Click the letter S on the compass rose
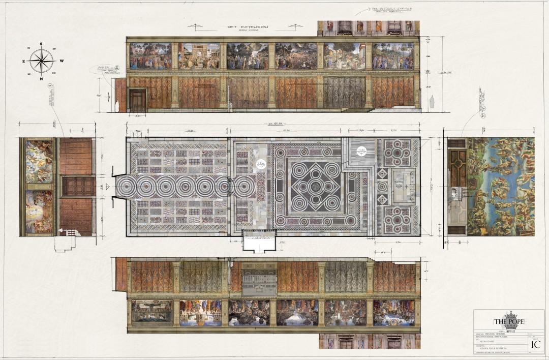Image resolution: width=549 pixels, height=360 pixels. (42, 44)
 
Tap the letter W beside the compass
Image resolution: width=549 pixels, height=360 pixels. (62, 61)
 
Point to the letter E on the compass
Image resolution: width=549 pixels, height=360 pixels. (23, 61)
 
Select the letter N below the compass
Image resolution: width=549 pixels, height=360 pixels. (42, 79)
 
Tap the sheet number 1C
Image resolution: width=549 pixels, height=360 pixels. (535, 344)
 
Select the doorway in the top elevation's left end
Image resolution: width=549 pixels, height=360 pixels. (137, 100)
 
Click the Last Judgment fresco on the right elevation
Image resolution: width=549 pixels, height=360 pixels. (501, 186)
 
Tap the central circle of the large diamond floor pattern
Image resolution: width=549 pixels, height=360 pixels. (316, 187)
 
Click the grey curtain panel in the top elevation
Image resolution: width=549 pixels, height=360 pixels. (344, 92)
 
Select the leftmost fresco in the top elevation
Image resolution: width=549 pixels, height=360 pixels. (150, 56)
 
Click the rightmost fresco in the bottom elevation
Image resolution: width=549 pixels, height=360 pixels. (393, 312)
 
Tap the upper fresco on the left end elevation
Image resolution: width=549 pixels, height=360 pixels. (39, 162)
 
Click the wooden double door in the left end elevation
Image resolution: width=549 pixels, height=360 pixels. (77, 186)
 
